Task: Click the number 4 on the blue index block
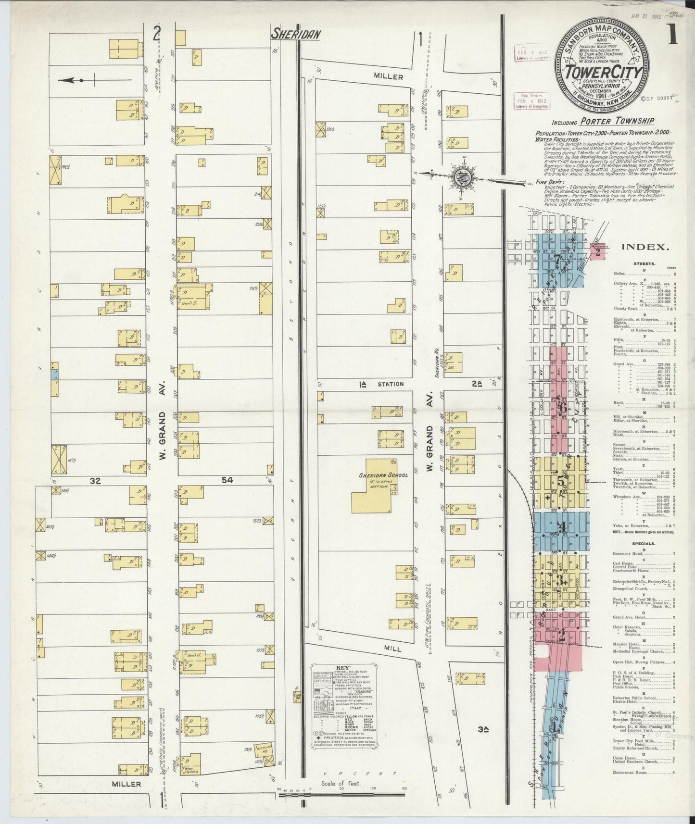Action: pos(561,526)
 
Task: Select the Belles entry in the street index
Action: pos(620,274)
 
